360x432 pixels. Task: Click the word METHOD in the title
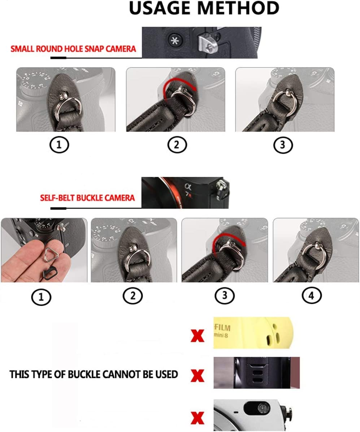pos(238,8)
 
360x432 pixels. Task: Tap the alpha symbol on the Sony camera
pos(188,187)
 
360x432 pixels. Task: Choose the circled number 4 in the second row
pos(312,296)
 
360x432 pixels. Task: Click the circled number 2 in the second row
pos(133,296)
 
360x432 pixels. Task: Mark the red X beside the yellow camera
pos(197,336)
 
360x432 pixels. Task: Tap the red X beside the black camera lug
pos(197,376)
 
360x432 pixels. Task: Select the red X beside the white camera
pos(197,418)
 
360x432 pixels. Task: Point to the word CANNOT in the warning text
pos(124,374)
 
